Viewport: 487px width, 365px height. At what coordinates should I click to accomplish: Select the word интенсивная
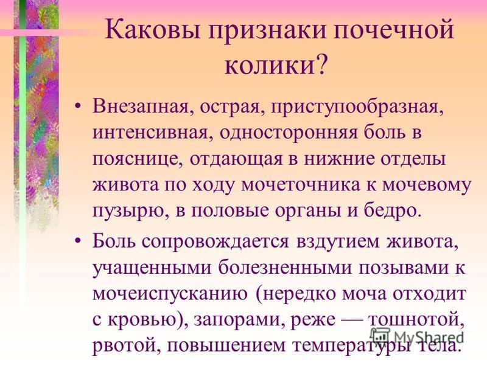pos(150,133)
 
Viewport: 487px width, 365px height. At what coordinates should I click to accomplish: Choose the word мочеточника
pos(301,185)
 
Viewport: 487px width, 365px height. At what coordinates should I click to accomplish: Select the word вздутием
pos(338,242)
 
